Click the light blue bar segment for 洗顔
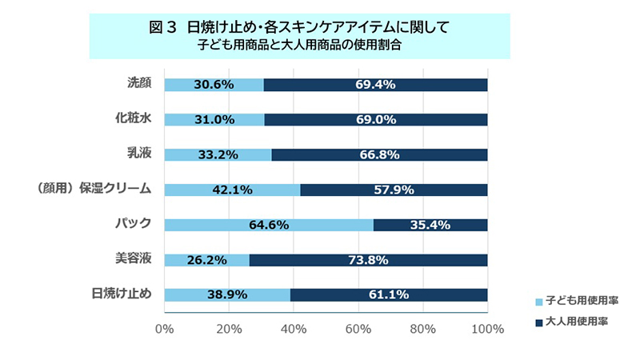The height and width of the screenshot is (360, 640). [214, 85]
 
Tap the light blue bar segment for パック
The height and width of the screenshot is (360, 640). [268, 225]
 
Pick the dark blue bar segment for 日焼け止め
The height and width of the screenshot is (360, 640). [389, 295]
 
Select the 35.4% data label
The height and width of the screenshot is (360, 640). [431, 225]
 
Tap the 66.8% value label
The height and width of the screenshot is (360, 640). [378, 155]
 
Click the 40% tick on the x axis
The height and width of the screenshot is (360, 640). [294, 328]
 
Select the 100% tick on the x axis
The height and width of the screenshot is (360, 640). [487, 328]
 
